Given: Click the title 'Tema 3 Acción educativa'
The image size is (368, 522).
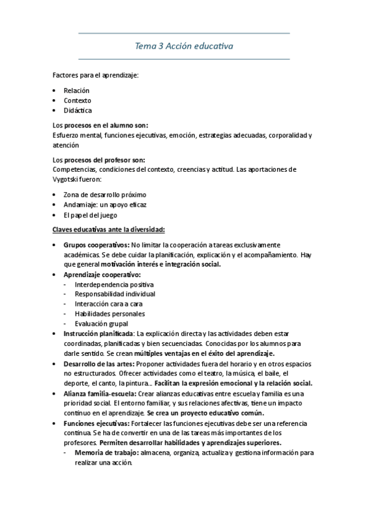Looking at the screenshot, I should (x=184, y=46).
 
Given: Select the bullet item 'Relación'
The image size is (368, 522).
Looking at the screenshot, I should (x=77, y=90).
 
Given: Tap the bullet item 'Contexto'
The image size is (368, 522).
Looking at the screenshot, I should (x=77, y=100).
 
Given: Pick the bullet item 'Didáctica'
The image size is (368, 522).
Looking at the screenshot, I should (x=78, y=110).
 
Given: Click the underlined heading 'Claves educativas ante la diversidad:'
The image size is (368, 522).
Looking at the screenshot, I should (x=108, y=230).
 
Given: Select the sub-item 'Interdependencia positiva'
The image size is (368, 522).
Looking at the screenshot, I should (x=114, y=284).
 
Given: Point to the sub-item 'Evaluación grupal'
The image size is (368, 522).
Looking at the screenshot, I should (x=101, y=323).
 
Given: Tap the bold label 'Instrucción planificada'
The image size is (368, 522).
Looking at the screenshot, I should (x=99, y=334).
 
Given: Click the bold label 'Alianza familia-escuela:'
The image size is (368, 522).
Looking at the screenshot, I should (x=101, y=393).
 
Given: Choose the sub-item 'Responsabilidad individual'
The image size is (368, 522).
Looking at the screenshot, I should (x=115, y=294).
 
